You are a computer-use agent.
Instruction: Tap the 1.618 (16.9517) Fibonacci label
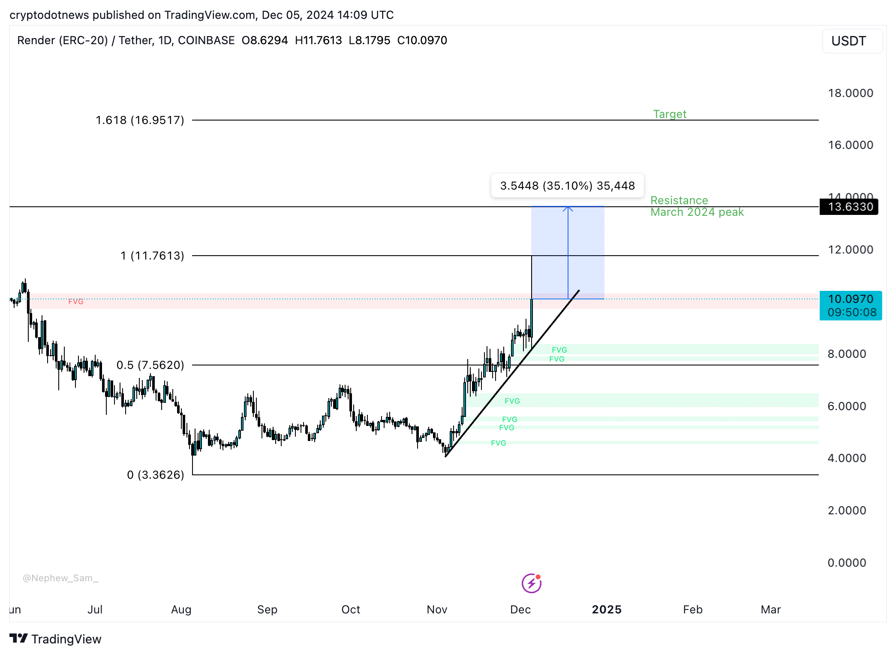click(140, 120)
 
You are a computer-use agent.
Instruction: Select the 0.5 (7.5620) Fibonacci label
click(150, 365)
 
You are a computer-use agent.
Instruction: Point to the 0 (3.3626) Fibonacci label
click(155, 475)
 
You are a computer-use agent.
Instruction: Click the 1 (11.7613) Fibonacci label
click(152, 256)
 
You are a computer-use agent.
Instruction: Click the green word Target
click(669, 114)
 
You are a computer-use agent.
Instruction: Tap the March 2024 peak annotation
click(697, 212)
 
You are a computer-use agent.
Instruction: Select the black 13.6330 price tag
click(850, 207)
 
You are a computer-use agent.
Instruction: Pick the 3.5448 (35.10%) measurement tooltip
click(567, 186)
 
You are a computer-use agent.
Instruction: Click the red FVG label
click(76, 302)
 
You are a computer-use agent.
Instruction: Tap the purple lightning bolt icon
click(531, 583)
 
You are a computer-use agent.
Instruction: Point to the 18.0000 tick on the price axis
click(850, 93)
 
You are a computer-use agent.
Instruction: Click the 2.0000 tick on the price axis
click(847, 510)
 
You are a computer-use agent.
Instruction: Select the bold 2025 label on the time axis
click(606, 610)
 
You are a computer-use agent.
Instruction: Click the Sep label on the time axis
click(267, 610)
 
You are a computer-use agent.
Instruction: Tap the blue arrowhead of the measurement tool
click(568, 209)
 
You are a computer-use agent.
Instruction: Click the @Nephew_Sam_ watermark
click(60, 578)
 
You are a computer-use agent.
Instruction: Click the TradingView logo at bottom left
click(55, 639)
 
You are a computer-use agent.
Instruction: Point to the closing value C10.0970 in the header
click(422, 40)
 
